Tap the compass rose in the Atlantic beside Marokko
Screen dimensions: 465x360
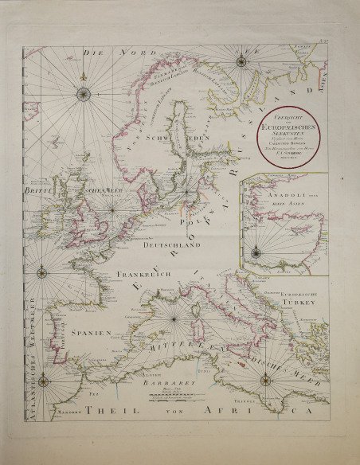pyautogui.click(x=45, y=385)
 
